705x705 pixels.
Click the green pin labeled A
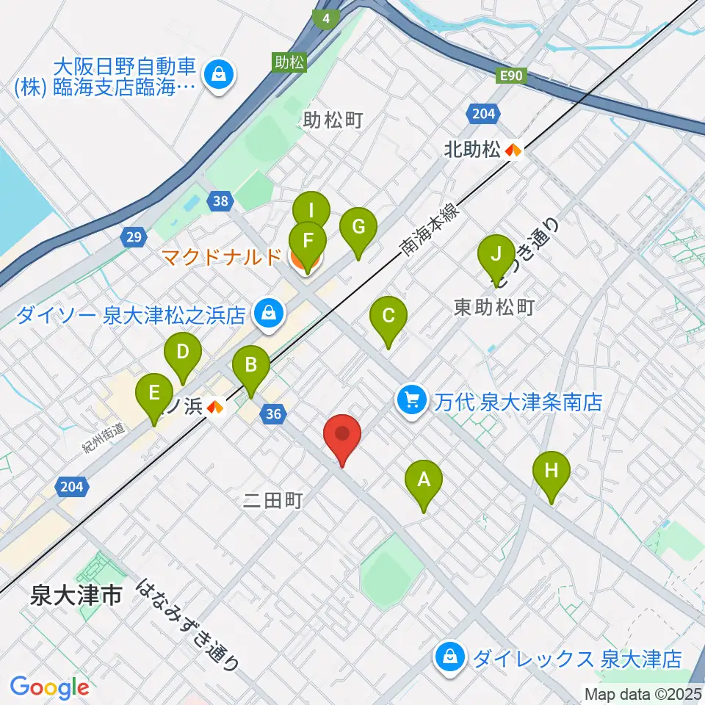423,481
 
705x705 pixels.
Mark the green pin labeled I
311,211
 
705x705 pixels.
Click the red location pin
342,433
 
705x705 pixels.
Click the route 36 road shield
274,414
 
